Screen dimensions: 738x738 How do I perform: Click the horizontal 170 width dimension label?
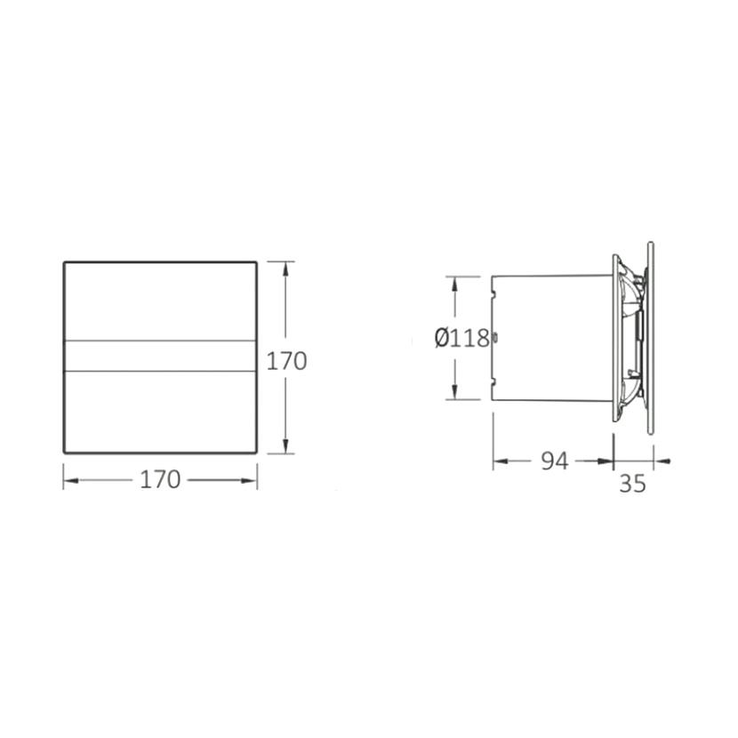[161, 479]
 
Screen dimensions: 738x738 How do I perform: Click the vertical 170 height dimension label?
[286, 361]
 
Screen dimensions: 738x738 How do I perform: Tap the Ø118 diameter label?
[462, 338]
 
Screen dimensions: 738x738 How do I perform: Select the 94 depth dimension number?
[555, 461]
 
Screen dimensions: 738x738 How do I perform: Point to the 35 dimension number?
[632, 484]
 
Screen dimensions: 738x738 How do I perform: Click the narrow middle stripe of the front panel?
[161, 356]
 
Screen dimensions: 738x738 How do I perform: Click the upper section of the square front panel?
[161, 301]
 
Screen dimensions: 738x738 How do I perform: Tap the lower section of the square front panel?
[161, 412]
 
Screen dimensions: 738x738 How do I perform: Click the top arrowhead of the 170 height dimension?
[285, 270]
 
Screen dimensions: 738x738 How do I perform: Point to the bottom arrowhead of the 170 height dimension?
[285, 445]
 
